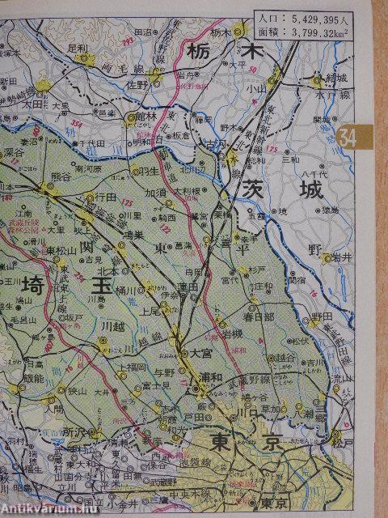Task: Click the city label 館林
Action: pyautogui.click(x=147, y=118)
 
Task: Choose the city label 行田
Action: pyautogui.click(x=107, y=196)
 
